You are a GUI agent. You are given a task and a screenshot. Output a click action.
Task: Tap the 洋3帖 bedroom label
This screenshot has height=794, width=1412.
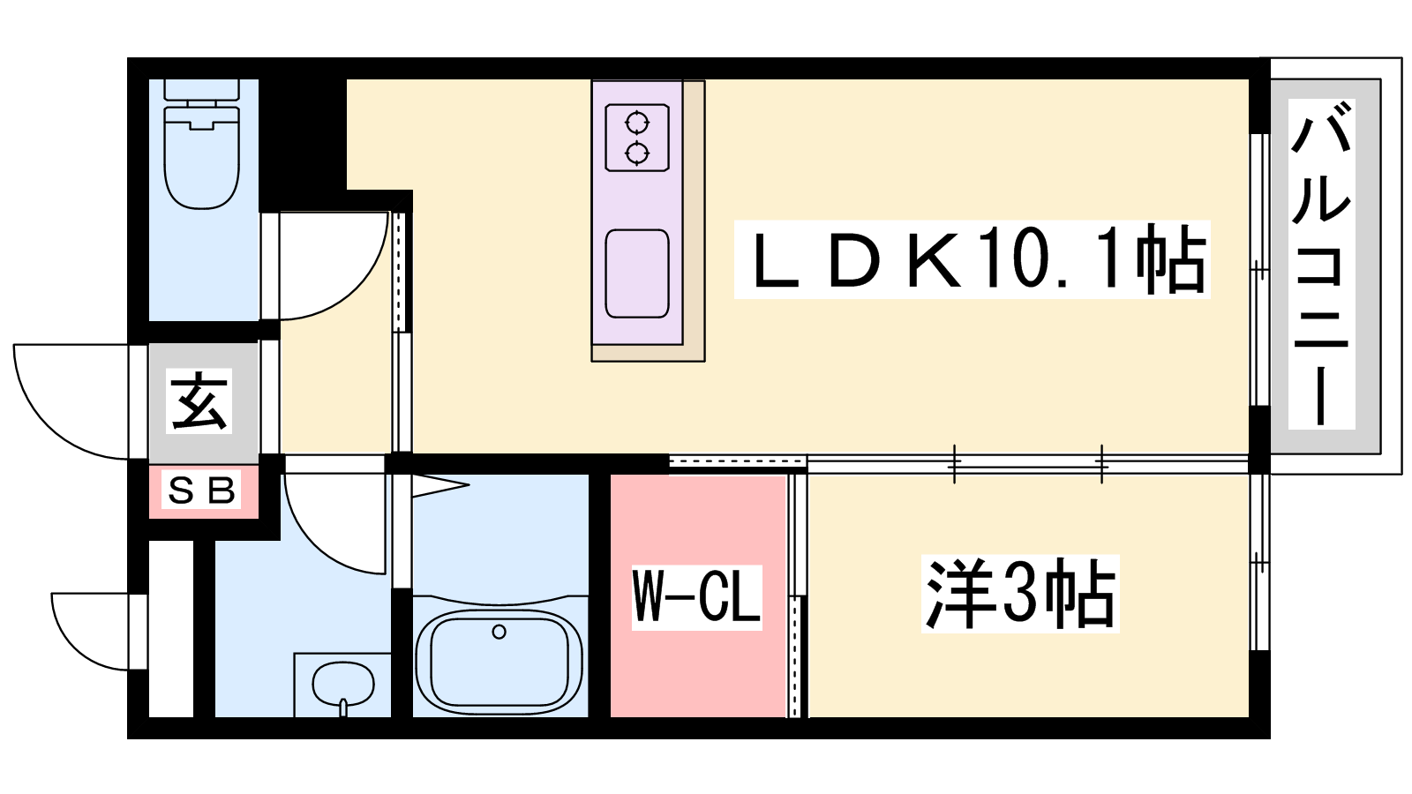(x=1020, y=594)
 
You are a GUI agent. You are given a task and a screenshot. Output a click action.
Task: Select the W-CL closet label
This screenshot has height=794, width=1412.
(x=696, y=597)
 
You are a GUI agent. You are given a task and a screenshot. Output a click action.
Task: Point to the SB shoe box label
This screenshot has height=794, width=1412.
(x=202, y=490)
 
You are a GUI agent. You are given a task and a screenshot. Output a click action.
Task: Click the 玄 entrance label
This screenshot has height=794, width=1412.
(x=200, y=401)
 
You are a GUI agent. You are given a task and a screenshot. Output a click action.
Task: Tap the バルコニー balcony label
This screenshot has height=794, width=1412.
(x=1321, y=264)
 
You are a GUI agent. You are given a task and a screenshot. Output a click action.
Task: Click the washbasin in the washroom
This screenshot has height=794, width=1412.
(x=342, y=684)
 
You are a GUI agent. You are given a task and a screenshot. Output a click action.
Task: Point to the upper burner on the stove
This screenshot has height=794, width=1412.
(x=637, y=122)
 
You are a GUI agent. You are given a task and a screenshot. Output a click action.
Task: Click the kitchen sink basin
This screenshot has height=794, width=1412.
(x=637, y=273)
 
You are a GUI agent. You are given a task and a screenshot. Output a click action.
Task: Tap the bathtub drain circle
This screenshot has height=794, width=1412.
(x=499, y=632)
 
